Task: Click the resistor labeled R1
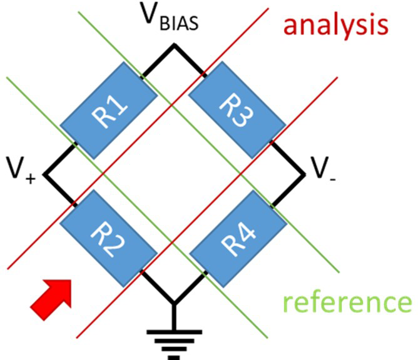tap(109, 110)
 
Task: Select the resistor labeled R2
tap(108, 239)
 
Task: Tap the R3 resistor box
tap(237, 110)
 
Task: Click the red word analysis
tap(335, 25)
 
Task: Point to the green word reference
tap(347, 303)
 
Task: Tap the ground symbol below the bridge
tap(174, 345)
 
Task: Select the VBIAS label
tap(170, 17)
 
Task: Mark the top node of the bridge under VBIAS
tap(174, 45)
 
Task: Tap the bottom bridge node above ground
tap(174, 303)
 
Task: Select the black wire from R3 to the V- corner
tap(287, 158)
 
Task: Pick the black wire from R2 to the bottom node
tap(157, 287)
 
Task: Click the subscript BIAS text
tap(179, 23)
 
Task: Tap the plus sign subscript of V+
tap(31, 179)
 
